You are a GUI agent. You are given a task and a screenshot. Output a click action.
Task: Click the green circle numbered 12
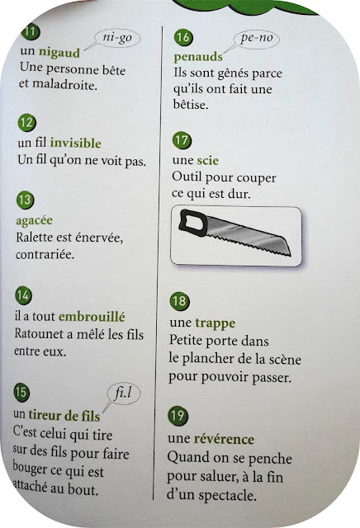26,123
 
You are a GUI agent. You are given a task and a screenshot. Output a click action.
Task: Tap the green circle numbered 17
182,140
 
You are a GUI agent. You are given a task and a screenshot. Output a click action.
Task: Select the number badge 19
178,416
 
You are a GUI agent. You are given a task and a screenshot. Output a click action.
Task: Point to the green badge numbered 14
23,295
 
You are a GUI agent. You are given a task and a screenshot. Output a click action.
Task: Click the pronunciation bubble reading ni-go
117,38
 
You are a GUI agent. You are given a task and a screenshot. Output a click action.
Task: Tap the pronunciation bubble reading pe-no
257,38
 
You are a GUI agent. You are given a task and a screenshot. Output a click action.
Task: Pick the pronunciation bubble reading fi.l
123,393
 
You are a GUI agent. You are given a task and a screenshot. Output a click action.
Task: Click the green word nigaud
59,53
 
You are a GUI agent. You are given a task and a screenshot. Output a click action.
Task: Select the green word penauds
198,57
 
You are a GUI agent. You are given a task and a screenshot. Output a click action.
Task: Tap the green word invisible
75,143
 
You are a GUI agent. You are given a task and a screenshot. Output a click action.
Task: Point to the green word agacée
34,221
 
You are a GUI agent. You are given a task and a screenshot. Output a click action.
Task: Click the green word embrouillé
92,317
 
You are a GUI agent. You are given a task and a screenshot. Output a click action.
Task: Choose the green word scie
207,160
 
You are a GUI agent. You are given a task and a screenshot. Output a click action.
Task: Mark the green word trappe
215,323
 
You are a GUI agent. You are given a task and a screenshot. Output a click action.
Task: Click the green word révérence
224,439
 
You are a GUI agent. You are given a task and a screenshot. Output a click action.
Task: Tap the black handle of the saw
193,222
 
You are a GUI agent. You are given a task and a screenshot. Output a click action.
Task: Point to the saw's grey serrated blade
249,237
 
